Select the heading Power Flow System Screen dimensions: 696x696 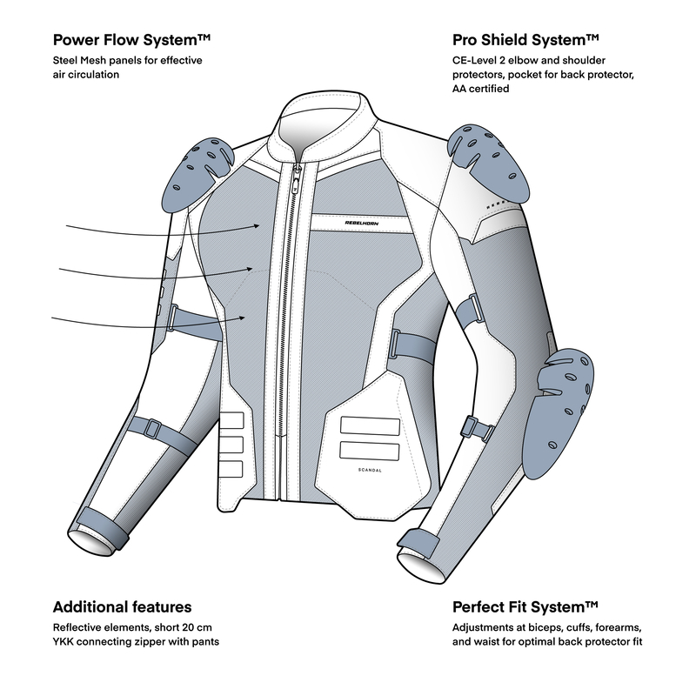(x=133, y=40)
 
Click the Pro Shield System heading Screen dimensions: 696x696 (x=526, y=40)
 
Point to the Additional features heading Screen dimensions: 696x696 (x=122, y=606)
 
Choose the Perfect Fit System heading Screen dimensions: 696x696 (x=525, y=606)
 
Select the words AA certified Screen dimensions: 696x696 (x=481, y=89)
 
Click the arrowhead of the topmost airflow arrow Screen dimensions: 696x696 (x=258, y=224)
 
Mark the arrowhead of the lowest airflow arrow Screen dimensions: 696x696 (x=257, y=319)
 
